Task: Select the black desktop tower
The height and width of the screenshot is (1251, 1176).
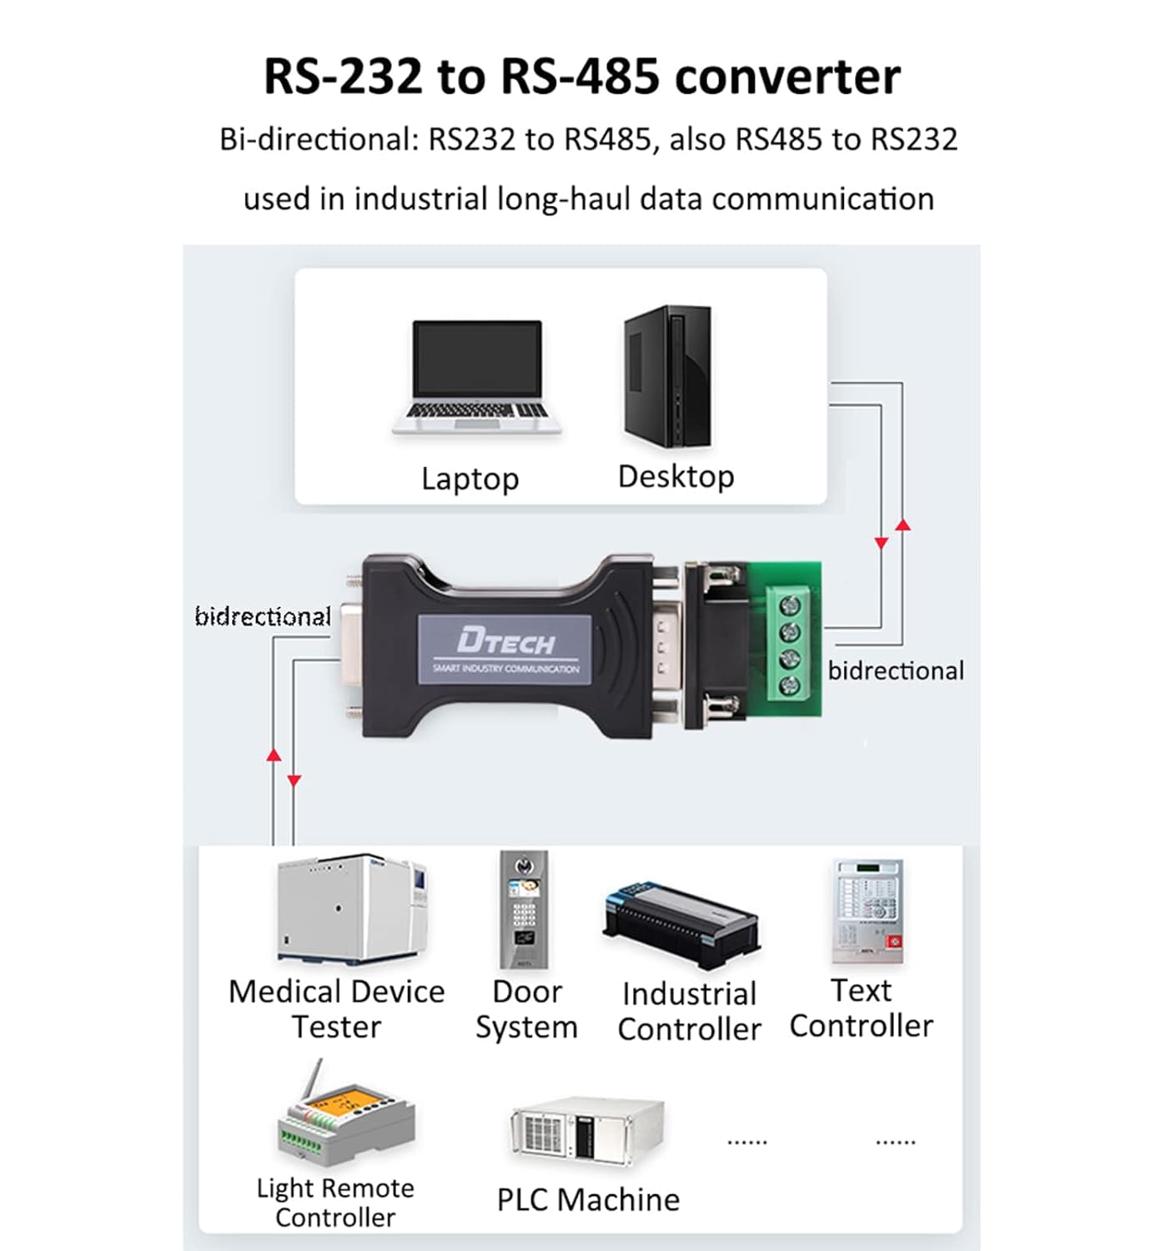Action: tap(668, 376)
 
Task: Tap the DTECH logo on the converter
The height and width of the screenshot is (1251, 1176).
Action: tap(505, 641)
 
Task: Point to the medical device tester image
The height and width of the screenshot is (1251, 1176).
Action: tap(352, 908)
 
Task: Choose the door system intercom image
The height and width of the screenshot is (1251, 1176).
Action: tap(524, 909)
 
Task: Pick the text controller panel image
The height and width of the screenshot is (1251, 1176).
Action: tap(868, 912)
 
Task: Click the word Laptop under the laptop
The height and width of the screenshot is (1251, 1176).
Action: tap(470, 479)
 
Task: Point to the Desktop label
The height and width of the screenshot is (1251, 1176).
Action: tap(676, 476)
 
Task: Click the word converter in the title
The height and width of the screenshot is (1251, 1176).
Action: tap(787, 77)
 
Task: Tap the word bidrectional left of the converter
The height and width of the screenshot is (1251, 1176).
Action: tap(263, 616)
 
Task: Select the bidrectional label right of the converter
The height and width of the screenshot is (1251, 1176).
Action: tap(896, 671)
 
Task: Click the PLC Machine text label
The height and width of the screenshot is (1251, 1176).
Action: tap(588, 1199)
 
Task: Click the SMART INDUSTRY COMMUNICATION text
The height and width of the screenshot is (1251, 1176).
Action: tap(505, 669)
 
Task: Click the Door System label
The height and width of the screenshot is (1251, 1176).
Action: tap(526, 1009)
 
